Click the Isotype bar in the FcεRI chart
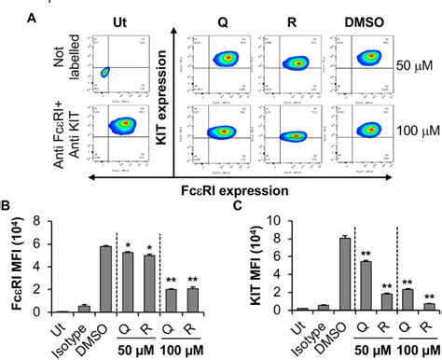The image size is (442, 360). click(82, 309)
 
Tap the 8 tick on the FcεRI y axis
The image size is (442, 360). click(36, 220)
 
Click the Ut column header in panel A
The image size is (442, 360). click(118, 21)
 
